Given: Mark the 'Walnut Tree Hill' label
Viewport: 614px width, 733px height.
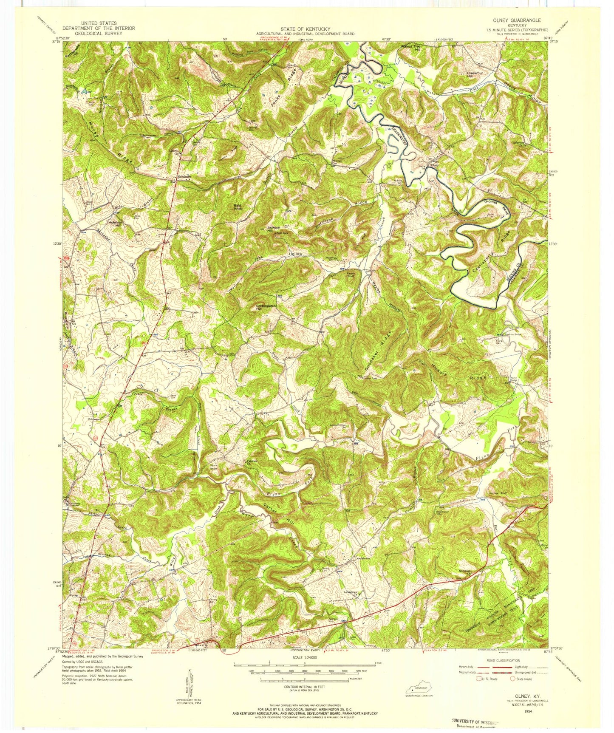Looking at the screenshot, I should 410,47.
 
